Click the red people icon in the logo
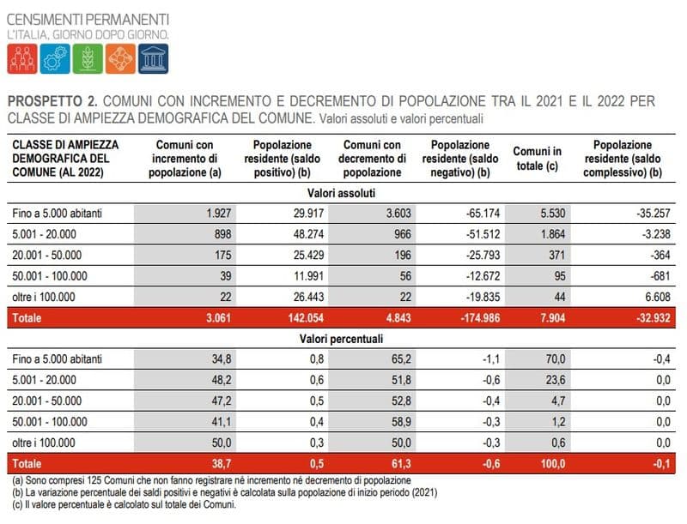[x=22, y=57]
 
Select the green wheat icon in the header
[x=88, y=57]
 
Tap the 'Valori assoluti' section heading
[x=344, y=195]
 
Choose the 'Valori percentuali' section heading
[x=344, y=337]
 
